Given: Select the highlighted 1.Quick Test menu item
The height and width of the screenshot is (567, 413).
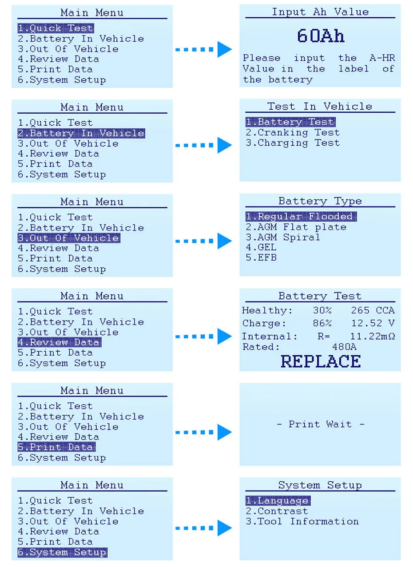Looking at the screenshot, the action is (x=56, y=28).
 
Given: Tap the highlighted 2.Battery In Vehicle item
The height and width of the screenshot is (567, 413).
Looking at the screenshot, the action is (x=81, y=133).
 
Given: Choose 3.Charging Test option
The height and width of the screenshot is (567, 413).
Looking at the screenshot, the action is (x=293, y=143).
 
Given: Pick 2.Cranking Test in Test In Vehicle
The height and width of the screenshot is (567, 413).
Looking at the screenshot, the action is (x=293, y=132).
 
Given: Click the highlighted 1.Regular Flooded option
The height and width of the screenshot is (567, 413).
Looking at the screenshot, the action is (x=301, y=217).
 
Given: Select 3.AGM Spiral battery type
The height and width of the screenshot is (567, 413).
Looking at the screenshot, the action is (x=283, y=237).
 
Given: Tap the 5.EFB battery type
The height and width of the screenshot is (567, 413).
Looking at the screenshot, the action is (x=261, y=258).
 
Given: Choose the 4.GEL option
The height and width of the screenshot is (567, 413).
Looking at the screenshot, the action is (x=261, y=247).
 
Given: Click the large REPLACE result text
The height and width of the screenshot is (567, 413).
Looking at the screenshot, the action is (x=321, y=361).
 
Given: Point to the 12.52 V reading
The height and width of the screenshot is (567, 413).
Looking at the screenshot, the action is (x=373, y=323).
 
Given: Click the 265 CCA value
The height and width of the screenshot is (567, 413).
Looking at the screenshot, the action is (x=373, y=311).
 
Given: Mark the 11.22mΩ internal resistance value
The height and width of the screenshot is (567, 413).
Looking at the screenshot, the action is (x=373, y=337).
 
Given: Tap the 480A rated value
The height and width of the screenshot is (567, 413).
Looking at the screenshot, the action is (x=344, y=347).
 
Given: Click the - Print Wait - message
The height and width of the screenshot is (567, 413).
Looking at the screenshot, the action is (x=320, y=424).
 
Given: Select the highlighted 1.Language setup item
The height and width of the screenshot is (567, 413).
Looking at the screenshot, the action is (x=278, y=501).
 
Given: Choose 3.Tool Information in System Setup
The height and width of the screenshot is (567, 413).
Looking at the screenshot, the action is (x=302, y=522).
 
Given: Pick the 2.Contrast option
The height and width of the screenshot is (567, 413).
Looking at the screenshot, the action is (x=277, y=511).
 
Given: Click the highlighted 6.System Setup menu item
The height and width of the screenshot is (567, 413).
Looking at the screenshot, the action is (x=62, y=553).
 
